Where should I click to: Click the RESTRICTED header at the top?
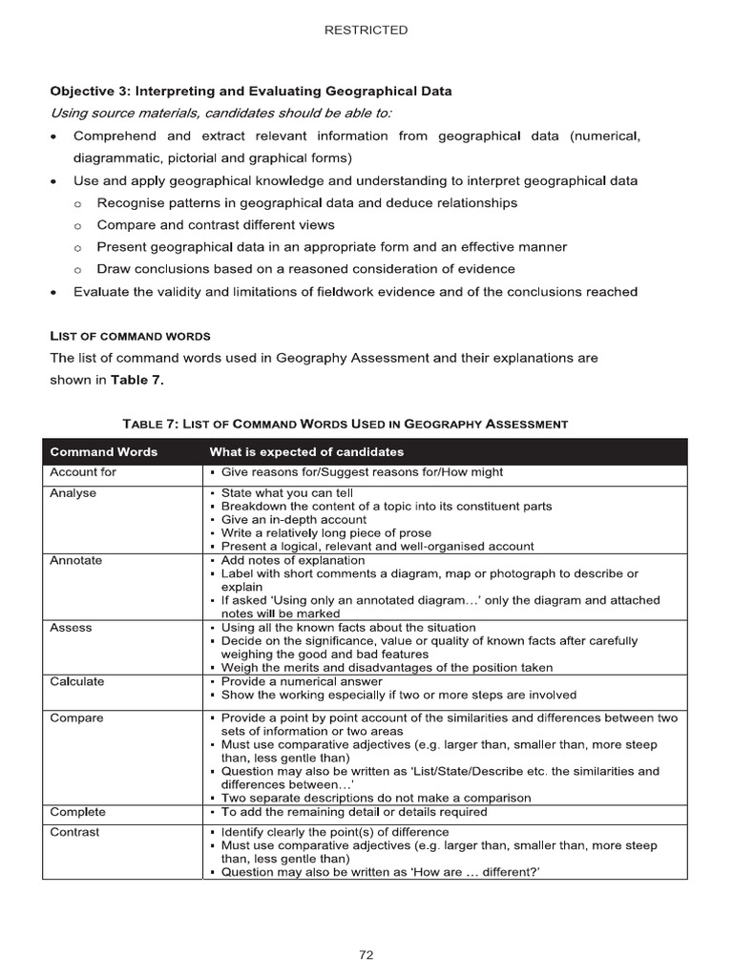tap(366, 31)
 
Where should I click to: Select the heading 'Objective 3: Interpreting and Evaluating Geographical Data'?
tap(251, 92)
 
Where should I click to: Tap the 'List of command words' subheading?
tap(130, 336)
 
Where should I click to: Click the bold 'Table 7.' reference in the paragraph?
tap(137, 380)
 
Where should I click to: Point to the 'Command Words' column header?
tap(103, 451)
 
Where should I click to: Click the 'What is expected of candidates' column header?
tap(306, 451)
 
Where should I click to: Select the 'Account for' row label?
tap(82, 472)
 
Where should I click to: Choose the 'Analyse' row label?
tap(73, 493)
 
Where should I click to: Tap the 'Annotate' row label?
tap(75, 561)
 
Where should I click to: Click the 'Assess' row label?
tap(71, 628)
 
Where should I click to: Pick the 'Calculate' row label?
tap(77, 682)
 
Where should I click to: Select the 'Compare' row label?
tap(76, 717)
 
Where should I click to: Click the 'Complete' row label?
tap(77, 812)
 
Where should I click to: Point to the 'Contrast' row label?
tap(74, 832)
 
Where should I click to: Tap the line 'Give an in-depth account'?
tap(293, 520)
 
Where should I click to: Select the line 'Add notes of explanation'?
tap(293, 561)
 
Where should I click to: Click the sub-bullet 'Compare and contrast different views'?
tap(216, 225)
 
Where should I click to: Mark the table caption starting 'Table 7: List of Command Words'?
tap(345, 424)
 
